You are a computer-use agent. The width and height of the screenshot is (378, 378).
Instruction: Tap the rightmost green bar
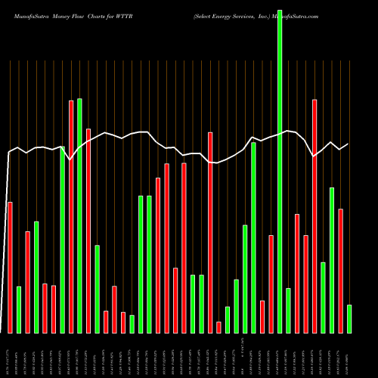[x=349, y=318]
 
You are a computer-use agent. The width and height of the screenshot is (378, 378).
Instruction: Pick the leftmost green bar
[x=19, y=309]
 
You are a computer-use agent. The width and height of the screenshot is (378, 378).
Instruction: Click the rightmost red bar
[x=341, y=271]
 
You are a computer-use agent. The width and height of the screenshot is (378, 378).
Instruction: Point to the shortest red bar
[x=219, y=327]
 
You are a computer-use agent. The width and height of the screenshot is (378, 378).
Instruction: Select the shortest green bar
[x=132, y=324]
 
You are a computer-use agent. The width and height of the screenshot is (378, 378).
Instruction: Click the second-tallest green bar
[x=79, y=215]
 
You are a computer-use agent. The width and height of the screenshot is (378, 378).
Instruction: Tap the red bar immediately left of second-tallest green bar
[x=71, y=216]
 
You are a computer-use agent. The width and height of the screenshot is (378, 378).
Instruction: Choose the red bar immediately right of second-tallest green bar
[x=88, y=231]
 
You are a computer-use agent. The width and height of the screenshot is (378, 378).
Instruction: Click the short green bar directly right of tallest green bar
[x=288, y=310]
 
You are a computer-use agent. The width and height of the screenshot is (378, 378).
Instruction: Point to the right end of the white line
[x=349, y=144]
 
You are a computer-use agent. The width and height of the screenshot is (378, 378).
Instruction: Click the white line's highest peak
[x=288, y=131]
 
